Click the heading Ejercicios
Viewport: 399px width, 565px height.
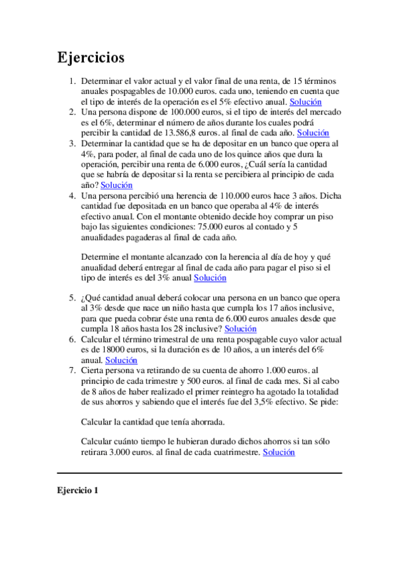(x=91, y=58)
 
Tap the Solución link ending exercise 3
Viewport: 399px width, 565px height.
(x=117, y=185)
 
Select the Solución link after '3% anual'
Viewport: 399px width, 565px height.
(x=210, y=278)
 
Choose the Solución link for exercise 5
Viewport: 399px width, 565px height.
(x=240, y=328)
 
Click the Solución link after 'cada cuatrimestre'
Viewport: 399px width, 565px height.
(x=278, y=452)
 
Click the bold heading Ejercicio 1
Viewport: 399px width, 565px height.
(x=77, y=490)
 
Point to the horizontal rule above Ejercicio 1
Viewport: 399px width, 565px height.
(x=199, y=473)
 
